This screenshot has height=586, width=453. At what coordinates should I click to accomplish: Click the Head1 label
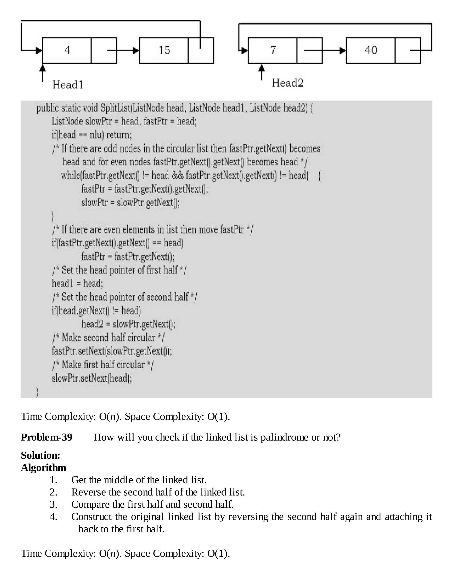point(68,85)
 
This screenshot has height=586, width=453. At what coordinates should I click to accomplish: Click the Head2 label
point(287,83)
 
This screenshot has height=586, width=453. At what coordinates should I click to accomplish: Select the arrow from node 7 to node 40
point(325,50)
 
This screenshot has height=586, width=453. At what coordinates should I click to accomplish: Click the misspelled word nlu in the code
point(96,135)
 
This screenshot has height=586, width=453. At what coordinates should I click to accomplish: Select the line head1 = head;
point(77,283)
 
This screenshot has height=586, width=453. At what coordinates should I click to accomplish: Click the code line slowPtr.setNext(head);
point(92,378)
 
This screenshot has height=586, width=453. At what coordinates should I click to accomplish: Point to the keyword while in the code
point(70,176)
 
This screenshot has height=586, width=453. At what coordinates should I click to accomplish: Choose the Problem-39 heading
point(47,437)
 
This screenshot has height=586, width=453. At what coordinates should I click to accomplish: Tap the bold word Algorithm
point(44,468)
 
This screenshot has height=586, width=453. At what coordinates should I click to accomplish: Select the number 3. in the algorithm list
point(53,504)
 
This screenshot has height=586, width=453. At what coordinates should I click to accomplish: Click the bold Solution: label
point(40,455)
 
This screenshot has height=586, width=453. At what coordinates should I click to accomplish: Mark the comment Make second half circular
point(108,337)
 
